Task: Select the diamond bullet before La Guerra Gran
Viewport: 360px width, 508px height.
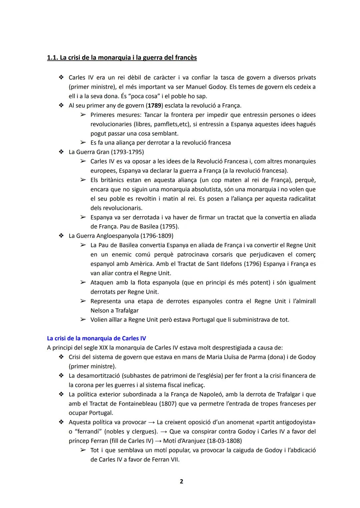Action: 61,152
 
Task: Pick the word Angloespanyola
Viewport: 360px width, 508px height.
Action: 117,236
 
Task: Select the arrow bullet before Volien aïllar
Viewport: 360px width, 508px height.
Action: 83,320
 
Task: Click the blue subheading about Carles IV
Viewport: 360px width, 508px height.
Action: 96,338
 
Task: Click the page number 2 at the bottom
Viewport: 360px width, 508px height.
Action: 181,481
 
